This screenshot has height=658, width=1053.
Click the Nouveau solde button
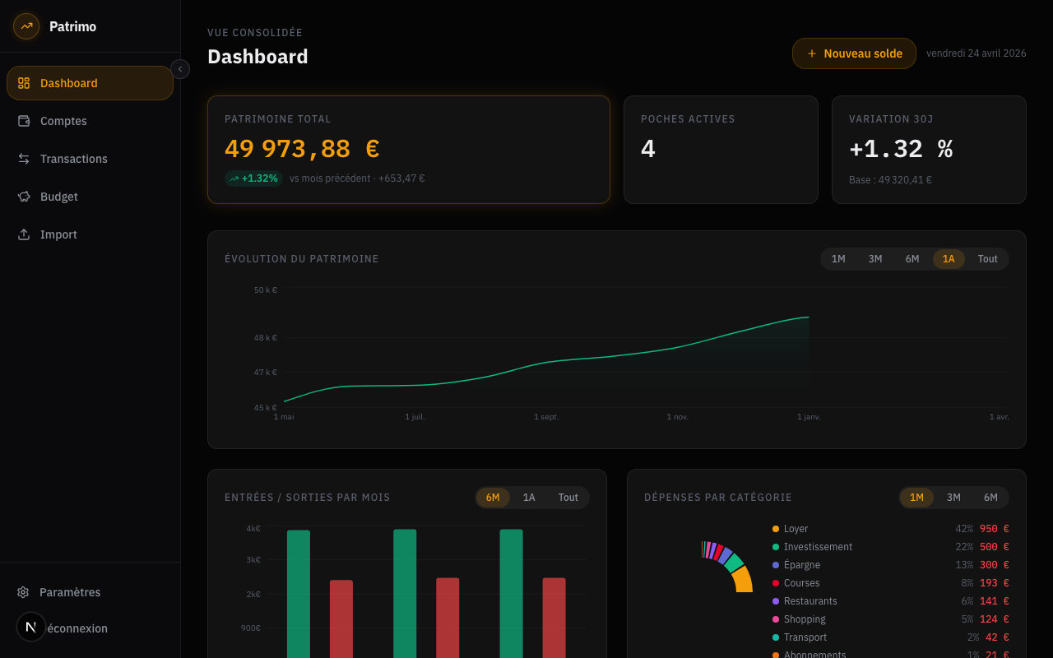click(x=854, y=53)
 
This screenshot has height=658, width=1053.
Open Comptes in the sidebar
click(x=63, y=121)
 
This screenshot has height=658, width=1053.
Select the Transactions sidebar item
click(x=73, y=159)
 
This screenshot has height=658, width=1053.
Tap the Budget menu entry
click(x=58, y=197)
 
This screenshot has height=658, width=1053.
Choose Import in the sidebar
click(x=58, y=234)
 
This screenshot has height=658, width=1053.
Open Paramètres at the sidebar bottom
click(x=69, y=592)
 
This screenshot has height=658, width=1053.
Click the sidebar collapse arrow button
click(x=180, y=69)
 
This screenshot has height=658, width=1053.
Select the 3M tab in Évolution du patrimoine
click(x=875, y=259)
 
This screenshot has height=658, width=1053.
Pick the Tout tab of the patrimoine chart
click(x=987, y=259)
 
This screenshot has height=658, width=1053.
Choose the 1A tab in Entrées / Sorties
click(x=529, y=498)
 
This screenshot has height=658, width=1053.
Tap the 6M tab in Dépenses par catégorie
click(x=990, y=498)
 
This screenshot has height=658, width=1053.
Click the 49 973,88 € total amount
click(x=302, y=149)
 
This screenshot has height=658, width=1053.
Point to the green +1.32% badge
click(x=253, y=178)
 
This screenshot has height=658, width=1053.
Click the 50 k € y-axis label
click(x=265, y=290)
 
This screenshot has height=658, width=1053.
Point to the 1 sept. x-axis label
click(x=546, y=417)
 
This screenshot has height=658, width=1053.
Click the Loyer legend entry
click(x=796, y=529)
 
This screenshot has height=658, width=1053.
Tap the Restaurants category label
click(x=810, y=601)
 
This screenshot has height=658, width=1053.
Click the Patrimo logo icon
click(x=26, y=26)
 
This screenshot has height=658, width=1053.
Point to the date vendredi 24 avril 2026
click(x=976, y=53)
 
